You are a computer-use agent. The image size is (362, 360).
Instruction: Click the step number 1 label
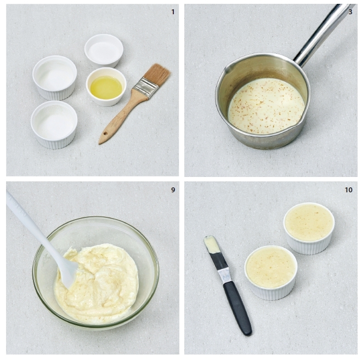point(173,12)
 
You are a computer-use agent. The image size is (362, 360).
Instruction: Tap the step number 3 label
point(350,12)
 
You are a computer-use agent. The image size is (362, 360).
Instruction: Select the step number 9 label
point(173,190)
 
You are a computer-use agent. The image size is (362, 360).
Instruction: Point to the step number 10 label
point(349,190)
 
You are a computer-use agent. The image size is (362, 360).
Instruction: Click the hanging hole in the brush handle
point(105,134)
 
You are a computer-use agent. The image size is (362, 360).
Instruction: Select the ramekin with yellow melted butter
point(106,87)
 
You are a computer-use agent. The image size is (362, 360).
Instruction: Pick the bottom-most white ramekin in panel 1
point(54,124)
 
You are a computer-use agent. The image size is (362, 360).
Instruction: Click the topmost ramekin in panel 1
point(104,51)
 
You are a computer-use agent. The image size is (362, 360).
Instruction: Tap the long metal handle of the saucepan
point(323,35)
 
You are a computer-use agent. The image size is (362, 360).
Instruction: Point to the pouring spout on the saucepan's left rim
point(227,67)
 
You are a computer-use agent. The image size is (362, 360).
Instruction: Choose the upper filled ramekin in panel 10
point(309,228)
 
